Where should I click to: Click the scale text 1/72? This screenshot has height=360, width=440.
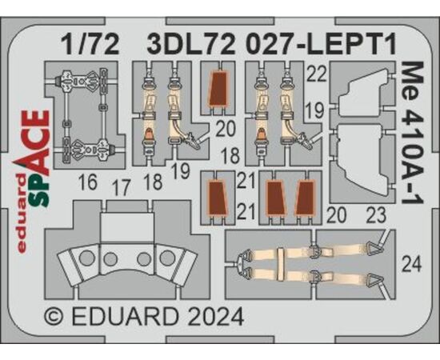coord(90,44)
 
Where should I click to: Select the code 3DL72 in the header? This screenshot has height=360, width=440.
coord(192,44)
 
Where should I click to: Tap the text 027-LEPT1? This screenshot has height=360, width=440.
coord(321,44)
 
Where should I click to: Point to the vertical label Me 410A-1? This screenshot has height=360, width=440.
coord(412,133)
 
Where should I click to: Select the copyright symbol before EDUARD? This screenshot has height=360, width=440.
coord(54,317)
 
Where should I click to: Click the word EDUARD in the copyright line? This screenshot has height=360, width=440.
coord(126,317)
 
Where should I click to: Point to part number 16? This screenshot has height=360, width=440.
coord(88,182)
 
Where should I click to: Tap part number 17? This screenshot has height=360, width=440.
coord(122,187)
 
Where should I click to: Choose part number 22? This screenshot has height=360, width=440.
coord(317,74)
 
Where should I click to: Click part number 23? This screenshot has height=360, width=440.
coord(376,216)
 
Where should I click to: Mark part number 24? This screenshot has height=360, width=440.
coord(412,264)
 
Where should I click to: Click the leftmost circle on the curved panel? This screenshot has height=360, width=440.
coord(86,258)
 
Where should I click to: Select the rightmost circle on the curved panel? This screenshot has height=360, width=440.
coord(167,258)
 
